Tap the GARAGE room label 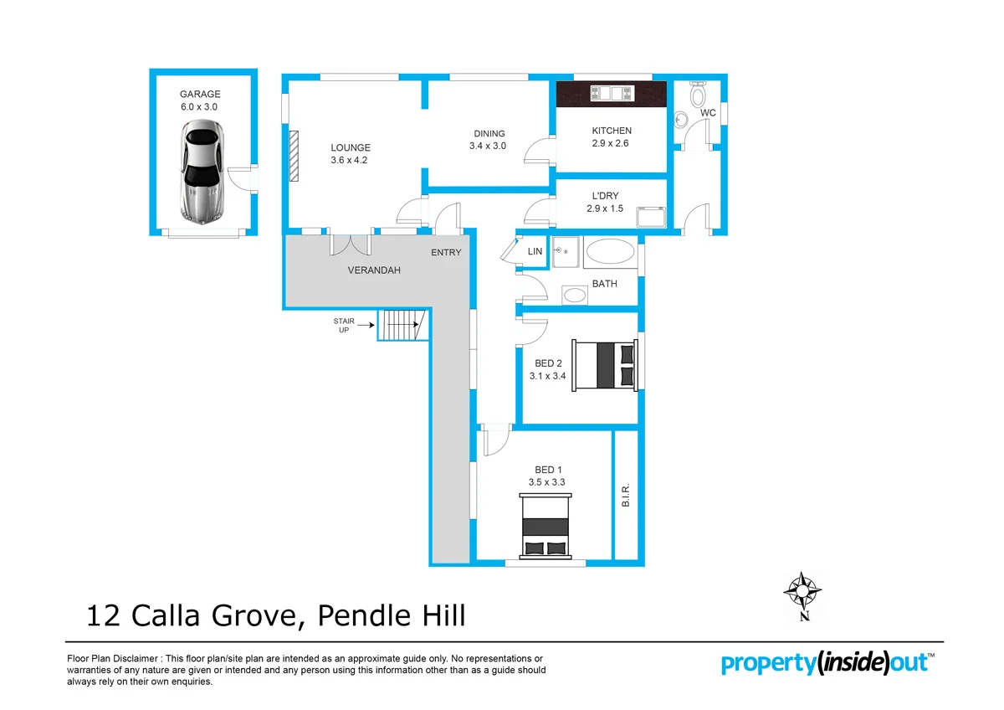pos(200,95)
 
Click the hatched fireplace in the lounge pos(294,156)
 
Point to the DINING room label pos(489,133)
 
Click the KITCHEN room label pos(612,131)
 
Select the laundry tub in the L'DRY pos(651,217)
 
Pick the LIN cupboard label pos(535,251)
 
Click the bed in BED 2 pos(604,364)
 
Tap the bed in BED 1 pos(546,526)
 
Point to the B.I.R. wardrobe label pos(626,496)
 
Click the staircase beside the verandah pos(402,325)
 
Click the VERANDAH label pos(374,270)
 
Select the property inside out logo pos(827,663)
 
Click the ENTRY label pos(446,253)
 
